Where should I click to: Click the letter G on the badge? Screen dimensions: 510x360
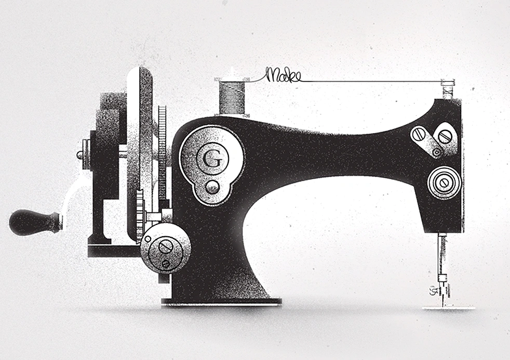click(x=212, y=159)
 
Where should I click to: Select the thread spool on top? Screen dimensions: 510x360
click(x=232, y=97)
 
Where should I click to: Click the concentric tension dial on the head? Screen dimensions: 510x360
click(x=444, y=182)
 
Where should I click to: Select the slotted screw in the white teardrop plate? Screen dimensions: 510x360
click(x=445, y=136)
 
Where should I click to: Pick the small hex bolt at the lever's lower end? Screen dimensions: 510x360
click(x=436, y=152)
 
